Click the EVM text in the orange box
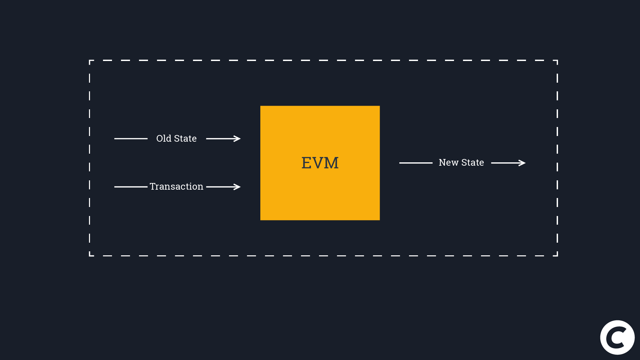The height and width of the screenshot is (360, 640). (x=320, y=163)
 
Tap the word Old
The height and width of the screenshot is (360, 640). (x=164, y=138)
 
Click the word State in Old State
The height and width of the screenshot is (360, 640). (x=185, y=138)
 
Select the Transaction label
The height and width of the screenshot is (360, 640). (x=176, y=186)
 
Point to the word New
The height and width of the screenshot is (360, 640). (x=449, y=162)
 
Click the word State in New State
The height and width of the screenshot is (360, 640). (x=473, y=162)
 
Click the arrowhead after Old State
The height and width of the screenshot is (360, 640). (x=237, y=139)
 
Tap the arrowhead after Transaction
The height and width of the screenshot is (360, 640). (x=237, y=187)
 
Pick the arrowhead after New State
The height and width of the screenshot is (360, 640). (x=522, y=163)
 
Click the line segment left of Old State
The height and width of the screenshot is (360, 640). (x=131, y=139)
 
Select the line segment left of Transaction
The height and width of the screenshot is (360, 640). (x=131, y=187)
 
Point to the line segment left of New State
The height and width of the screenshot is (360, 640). (x=416, y=163)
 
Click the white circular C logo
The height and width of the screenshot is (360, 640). (x=617, y=337)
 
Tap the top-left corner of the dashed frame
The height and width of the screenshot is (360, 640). (x=90, y=61)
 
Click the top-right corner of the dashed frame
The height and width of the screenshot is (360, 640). (x=557, y=61)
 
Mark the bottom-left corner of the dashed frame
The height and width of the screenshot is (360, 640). (x=90, y=255)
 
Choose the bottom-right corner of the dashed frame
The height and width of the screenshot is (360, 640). (x=557, y=255)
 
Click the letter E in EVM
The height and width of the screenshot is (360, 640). (x=306, y=163)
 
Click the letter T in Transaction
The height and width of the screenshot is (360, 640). (x=153, y=186)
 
